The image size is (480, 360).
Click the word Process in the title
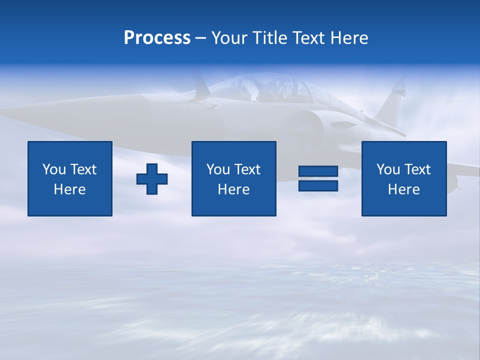pyautogui.click(x=157, y=38)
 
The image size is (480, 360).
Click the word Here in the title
pyautogui.click(x=349, y=38)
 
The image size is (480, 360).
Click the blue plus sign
pyautogui.click(x=152, y=178)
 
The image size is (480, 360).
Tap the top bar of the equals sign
pyautogui.click(x=318, y=171)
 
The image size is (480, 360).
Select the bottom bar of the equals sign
pyautogui.click(x=318, y=185)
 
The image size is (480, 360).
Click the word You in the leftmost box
pyautogui.click(x=54, y=169)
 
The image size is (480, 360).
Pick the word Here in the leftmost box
pyautogui.click(x=69, y=189)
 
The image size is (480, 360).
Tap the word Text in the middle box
pyautogui.click(x=247, y=169)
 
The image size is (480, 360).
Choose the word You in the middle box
pyautogui.click(x=218, y=169)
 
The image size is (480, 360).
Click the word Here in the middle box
pyautogui.click(x=233, y=189)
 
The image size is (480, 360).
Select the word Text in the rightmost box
pyautogui.click(x=417, y=169)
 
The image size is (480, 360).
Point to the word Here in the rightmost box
pyautogui.click(x=403, y=189)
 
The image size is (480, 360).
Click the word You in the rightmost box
pyautogui.click(x=388, y=169)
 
